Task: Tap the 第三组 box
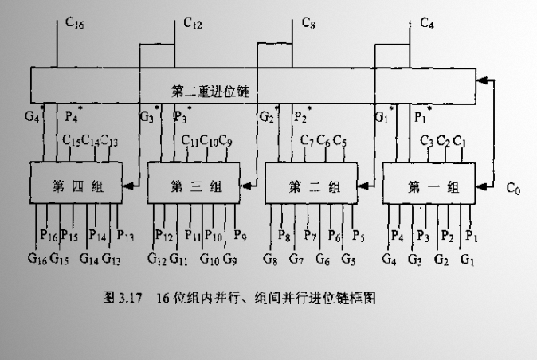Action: pyautogui.click(x=195, y=186)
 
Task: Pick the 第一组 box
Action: pyautogui.click(x=431, y=186)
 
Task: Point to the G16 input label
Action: pyautogui.click(x=37, y=258)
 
